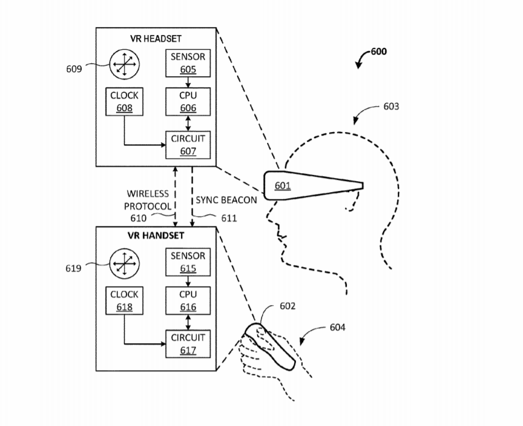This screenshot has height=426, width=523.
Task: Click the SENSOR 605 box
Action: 188,63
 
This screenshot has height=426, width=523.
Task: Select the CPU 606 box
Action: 188,102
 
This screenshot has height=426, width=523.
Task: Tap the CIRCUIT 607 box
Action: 188,145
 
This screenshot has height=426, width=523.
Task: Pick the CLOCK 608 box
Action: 124,102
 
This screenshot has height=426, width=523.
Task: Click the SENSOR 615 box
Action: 188,261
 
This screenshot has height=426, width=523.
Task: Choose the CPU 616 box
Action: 188,301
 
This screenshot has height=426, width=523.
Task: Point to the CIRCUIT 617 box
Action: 188,344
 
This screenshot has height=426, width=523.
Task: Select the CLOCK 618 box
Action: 124,301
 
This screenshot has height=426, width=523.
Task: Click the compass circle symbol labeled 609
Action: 124,63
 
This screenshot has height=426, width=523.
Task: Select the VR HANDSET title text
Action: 156,236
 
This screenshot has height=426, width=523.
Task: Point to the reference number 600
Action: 379,52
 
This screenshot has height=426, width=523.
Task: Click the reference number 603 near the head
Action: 391,106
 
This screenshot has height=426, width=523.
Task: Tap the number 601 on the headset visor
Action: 282,185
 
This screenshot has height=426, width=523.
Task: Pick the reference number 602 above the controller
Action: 287,306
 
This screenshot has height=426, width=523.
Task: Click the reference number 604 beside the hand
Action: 338,327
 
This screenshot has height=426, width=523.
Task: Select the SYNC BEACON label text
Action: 225,200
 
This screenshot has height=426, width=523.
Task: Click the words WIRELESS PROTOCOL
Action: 147,200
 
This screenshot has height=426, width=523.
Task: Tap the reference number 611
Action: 228,217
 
